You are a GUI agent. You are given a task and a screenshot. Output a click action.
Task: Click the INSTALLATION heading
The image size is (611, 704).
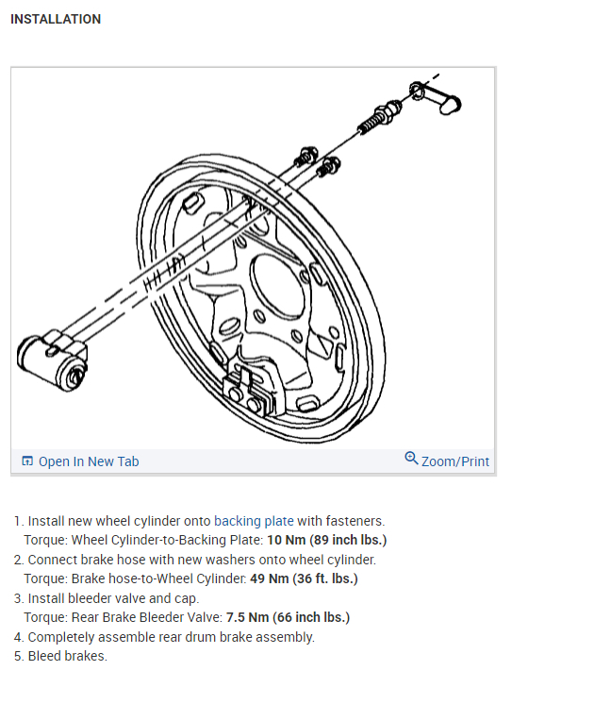(x=55, y=19)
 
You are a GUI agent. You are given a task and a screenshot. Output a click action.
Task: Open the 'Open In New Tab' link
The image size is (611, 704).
(x=88, y=461)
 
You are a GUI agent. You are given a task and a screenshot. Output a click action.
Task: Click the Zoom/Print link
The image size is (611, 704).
(x=455, y=461)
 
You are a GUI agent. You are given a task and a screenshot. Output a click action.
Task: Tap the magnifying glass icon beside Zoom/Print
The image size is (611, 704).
(x=411, y=459)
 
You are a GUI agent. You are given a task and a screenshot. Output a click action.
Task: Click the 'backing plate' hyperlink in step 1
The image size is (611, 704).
(x=254, y=521)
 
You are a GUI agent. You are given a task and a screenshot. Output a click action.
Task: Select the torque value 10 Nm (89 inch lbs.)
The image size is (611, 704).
(x=327, y=541)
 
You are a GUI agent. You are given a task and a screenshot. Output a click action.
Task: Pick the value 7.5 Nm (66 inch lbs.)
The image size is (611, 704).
(x=288, y=618)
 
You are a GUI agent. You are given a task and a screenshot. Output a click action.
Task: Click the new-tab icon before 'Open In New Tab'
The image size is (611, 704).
(x=27, y=461)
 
